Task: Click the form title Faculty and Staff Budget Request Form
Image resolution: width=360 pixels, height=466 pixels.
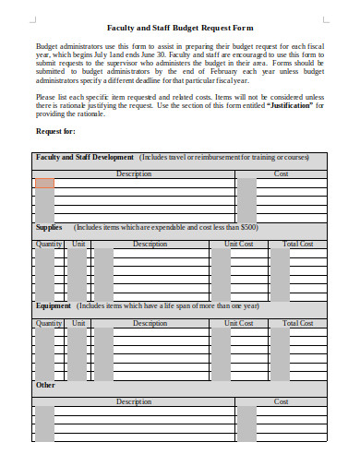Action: (180, 28)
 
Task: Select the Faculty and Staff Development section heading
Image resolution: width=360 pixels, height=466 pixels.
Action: (85, 158)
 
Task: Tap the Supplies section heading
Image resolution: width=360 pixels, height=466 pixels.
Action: (49, 227)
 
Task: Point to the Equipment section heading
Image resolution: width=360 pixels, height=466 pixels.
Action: (54, 305)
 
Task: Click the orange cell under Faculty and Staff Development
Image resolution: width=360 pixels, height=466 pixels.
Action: (44, 184)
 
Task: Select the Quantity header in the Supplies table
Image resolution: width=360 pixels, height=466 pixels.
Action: (49, 245)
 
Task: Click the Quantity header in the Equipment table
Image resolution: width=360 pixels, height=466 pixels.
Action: (49, 324)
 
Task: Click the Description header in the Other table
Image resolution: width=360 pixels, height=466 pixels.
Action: (134, 402)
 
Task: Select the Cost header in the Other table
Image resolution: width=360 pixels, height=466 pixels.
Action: (282, 402)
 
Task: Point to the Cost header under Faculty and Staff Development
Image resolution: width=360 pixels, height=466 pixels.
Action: (282, 173)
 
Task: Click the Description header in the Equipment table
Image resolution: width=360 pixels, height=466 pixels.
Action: (150, 324)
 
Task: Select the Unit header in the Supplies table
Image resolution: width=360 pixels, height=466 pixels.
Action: (78, 245)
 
